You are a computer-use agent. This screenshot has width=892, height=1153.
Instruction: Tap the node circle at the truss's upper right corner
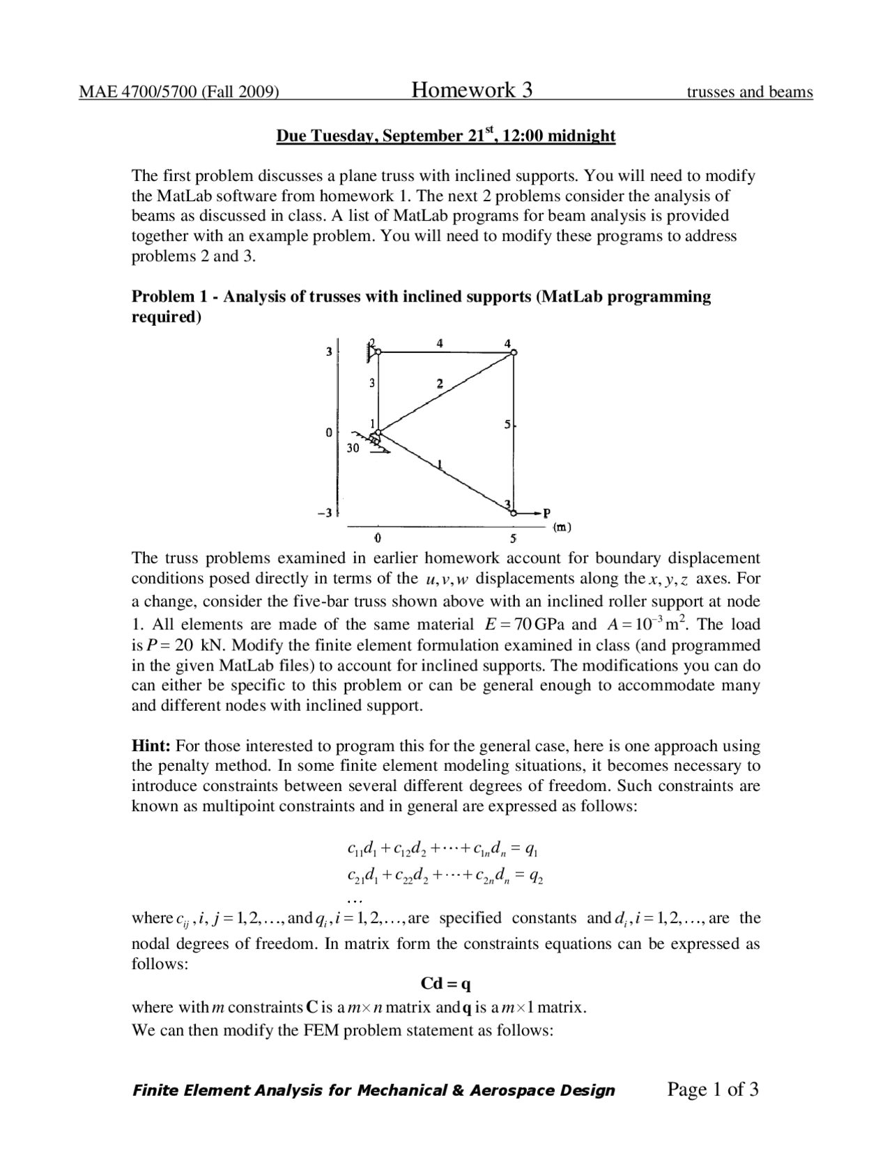coord(514,352)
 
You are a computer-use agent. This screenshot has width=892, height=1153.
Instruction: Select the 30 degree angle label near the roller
coord(353,448)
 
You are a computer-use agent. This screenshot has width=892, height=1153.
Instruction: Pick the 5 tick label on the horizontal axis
coord(514,539)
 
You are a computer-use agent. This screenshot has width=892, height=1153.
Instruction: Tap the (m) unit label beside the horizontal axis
coord(562,527)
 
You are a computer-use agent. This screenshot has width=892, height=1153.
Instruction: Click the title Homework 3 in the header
coord(472,90)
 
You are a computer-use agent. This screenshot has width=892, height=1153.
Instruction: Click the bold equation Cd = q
coord(446,984)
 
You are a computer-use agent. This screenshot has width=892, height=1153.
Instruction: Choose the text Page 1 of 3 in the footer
coord(712,1090)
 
